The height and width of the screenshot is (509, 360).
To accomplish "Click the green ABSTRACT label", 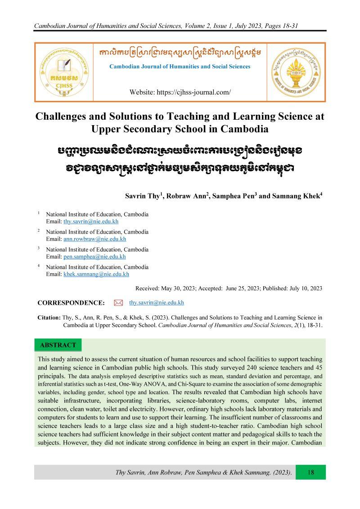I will [x=58, y=345].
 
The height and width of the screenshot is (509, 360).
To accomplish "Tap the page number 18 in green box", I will [x=310, y=472].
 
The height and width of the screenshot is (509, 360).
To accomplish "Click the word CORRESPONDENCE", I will [x=71, y=303].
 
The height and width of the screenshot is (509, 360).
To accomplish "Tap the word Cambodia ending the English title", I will [x=244, y=129].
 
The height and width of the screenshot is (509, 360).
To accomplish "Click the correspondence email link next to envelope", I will [x=156, y=302].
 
